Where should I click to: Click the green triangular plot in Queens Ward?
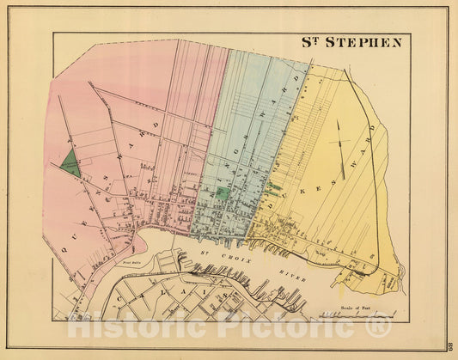pos(70,163)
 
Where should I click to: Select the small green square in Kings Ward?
pos(223,193)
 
